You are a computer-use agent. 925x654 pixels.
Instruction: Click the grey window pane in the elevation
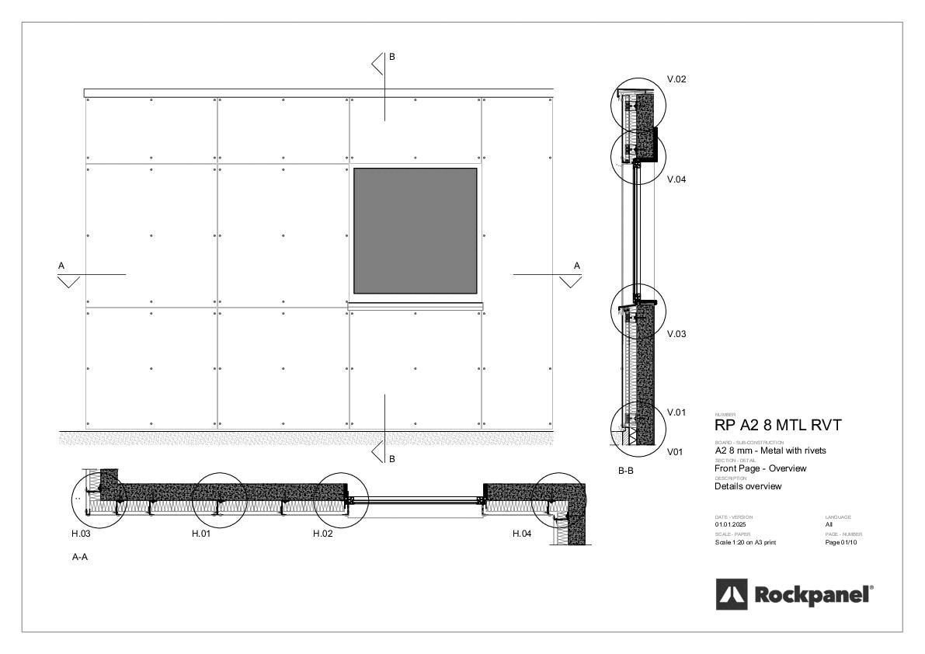pyautogui.click(x=415, y=231)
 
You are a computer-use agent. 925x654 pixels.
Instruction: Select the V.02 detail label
pyautogui.click(x=676, y=79)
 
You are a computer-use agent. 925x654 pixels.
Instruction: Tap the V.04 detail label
pyautogui.click(x=676, y=179)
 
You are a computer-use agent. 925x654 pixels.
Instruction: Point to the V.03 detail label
pyautogui.click(x=676, y=334)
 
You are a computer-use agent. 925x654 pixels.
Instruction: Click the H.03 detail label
pyautogui.click(x=81, y=534)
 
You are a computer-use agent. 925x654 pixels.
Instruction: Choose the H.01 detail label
pyautogui.click(x=201, y=534)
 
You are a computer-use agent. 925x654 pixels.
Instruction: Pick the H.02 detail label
pyautogui.click(x=322, y=534)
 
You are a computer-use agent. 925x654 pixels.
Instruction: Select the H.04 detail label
pyautogui.click(x=522, y=534)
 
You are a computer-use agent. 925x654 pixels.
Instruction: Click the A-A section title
pyautogui.click(x=79, y=557)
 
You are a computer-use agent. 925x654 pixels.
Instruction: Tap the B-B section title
pyautogui.click(x=626, y=471)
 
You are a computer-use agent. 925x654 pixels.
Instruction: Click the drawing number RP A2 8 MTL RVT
pyautogui.click(x=777, y=426)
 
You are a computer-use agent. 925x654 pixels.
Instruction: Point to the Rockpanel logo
pyautogui.click(x=794, y=595)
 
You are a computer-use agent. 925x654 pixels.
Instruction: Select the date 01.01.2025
pyautogui.click(x=730, y=525)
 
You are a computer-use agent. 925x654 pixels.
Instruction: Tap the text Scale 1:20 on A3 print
pyautogui.click(x=745, y=542)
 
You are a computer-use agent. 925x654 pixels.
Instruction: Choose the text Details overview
pyautogui.click(x=748, y=486)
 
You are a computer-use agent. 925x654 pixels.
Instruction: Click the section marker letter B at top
pyautogui.click(x=392, y=57)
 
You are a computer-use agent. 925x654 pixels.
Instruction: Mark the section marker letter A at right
pyautogui.click(x=576, y=266)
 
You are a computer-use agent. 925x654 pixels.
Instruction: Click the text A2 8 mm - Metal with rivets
pyautogui.click(x=770, y=450)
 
